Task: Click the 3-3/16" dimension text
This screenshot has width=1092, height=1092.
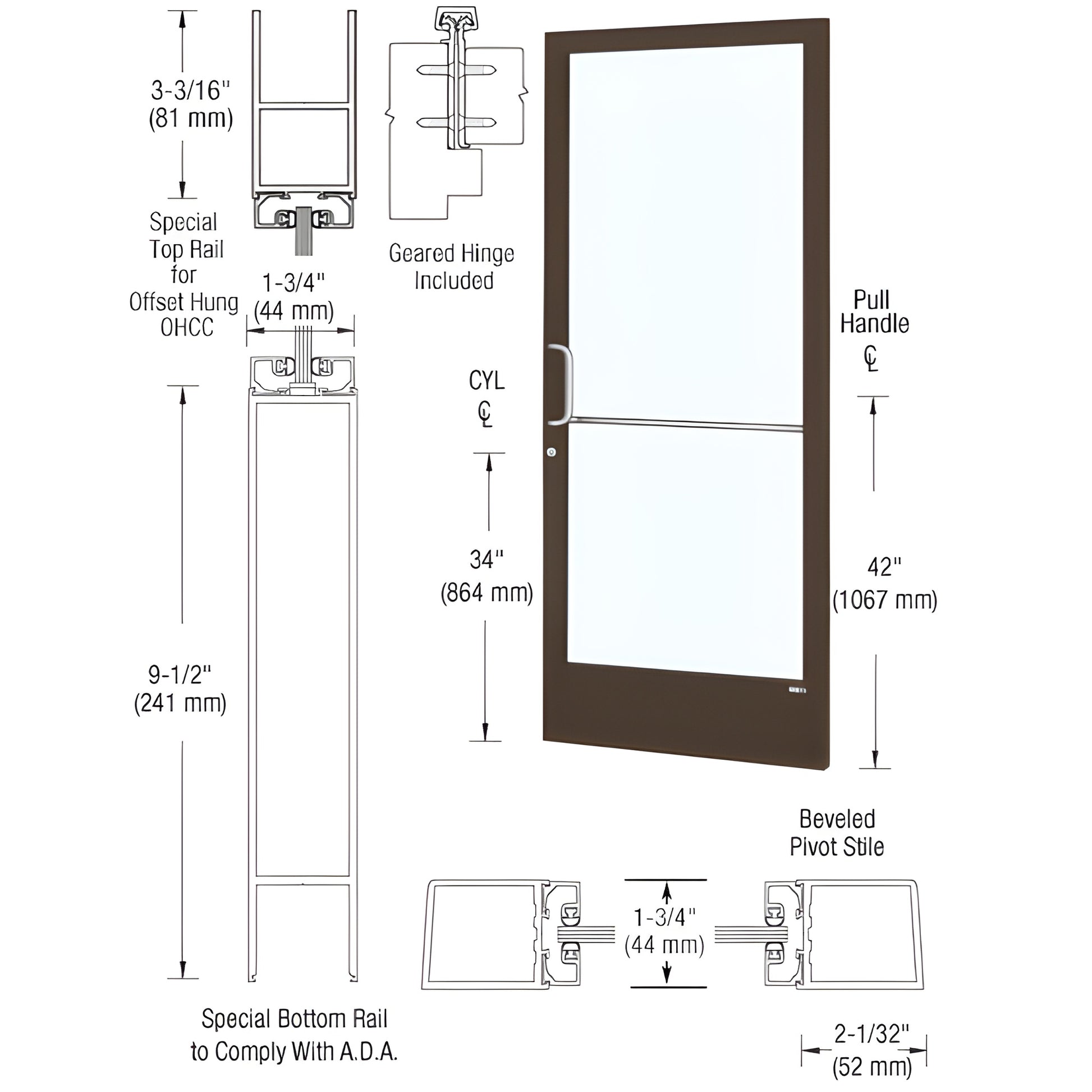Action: [x=190, y=90]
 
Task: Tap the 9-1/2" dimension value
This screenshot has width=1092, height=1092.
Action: [x=180, y=675]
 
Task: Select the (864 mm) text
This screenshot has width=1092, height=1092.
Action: [x=487, y=593]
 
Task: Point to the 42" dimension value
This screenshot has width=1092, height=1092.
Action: [x=884, y=567]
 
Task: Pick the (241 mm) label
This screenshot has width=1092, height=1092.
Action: [x=180, y=704]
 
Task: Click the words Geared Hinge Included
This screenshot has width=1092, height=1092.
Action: [x=452, y=267]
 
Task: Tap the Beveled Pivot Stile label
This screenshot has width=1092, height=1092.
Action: [x=837, y=833]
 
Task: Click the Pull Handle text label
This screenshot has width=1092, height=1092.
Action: [x=874, y=312]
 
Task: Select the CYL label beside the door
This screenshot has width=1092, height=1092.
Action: [x=486, y=381]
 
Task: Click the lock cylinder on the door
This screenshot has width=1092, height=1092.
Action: [x=551, y=452]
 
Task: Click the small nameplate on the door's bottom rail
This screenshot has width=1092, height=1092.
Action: [x=797, y=690]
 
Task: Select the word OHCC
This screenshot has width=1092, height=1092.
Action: [x=186, y=327]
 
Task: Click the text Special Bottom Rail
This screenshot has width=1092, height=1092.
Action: [x=295, y=1019]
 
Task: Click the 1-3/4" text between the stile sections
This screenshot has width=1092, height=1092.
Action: [x=665, y=917]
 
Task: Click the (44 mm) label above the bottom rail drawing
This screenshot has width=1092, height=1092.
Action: [x=293, y=311]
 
